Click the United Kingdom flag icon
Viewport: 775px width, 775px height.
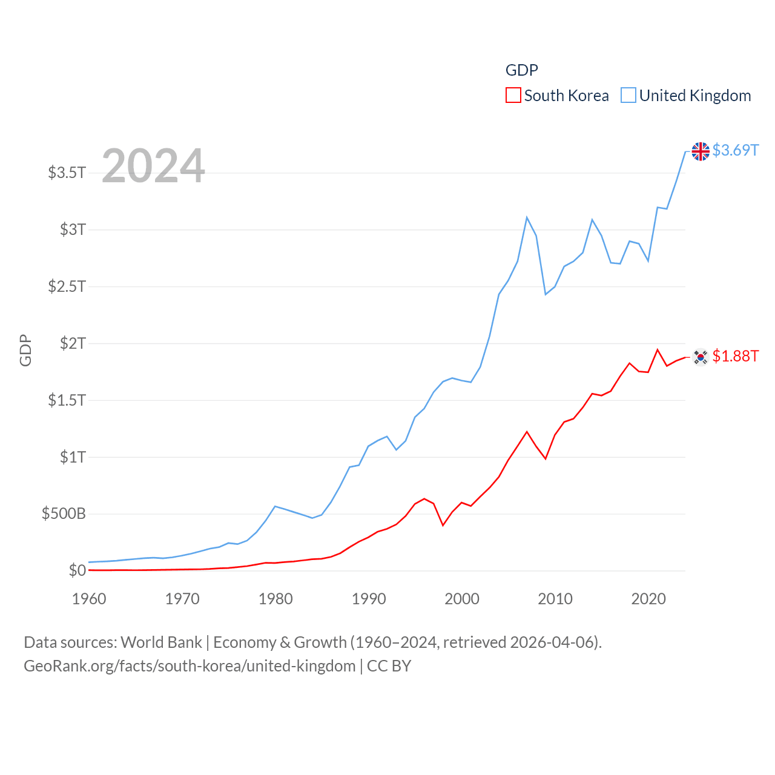click(x=701, y=151)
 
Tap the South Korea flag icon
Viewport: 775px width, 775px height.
click(x=701, y=357)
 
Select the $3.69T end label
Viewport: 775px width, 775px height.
click(x=735, y=150)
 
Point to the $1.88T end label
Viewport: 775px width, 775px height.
click(x=735, y=356)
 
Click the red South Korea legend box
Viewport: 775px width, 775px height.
click(x=513, y=96)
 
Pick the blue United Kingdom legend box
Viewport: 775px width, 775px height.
click(x=628, y=96)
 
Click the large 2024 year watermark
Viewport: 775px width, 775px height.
click(x=153, y=166)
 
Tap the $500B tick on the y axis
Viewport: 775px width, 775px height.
click(x=64, y=514)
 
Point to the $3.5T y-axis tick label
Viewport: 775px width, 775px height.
click(x=67, y=173)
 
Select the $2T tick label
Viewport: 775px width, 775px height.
click(x=73, y=343)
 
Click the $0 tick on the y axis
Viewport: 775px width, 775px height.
click(x=77, y=570)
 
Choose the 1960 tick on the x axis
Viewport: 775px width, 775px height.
click(x=89, y=599)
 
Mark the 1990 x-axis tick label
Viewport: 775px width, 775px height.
click(x=369, y=599)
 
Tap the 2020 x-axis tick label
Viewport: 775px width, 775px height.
click(x=648, y=599)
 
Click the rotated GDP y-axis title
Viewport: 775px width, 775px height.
click(x=25, y=350)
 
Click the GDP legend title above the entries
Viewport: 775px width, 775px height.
click(x=521, y=70)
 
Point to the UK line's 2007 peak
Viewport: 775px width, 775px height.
click(x=527, y=217)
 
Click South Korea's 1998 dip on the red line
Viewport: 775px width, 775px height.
click(x=443, y=525)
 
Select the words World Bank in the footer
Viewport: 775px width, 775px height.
click(x=161, y=642)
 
